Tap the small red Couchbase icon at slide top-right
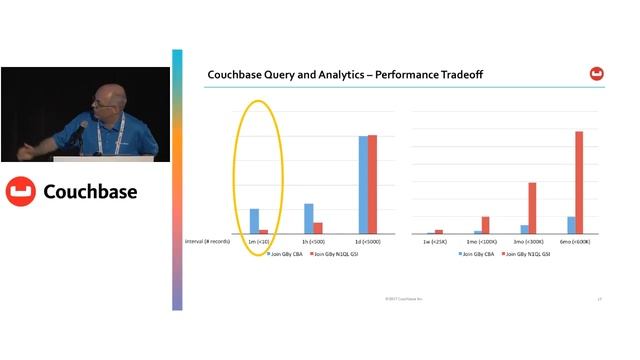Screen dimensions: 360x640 pos(596,73)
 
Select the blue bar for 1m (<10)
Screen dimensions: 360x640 pos(254,221)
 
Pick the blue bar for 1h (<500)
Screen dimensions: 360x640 pos(308,218)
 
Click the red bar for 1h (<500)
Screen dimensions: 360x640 pos(318,228)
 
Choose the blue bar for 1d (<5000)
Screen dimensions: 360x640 pos(363,184)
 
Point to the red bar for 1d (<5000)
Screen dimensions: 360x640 pos(373,184)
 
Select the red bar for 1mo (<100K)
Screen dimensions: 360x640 pos(486,225)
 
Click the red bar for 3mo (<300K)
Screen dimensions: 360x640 pos(533,208)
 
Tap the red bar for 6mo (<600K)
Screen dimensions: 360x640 pos(579,182)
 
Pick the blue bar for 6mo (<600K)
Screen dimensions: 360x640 pos(571,225)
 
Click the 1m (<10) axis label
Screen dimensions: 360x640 pos(258,241)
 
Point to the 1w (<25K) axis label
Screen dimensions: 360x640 pos(433,241)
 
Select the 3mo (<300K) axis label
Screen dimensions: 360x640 pos(527,241)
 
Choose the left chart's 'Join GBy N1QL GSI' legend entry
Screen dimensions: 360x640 pos(335,254)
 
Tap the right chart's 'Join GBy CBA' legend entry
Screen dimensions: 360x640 pos(476,254)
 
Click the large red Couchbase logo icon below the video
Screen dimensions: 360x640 pos(21,191)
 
